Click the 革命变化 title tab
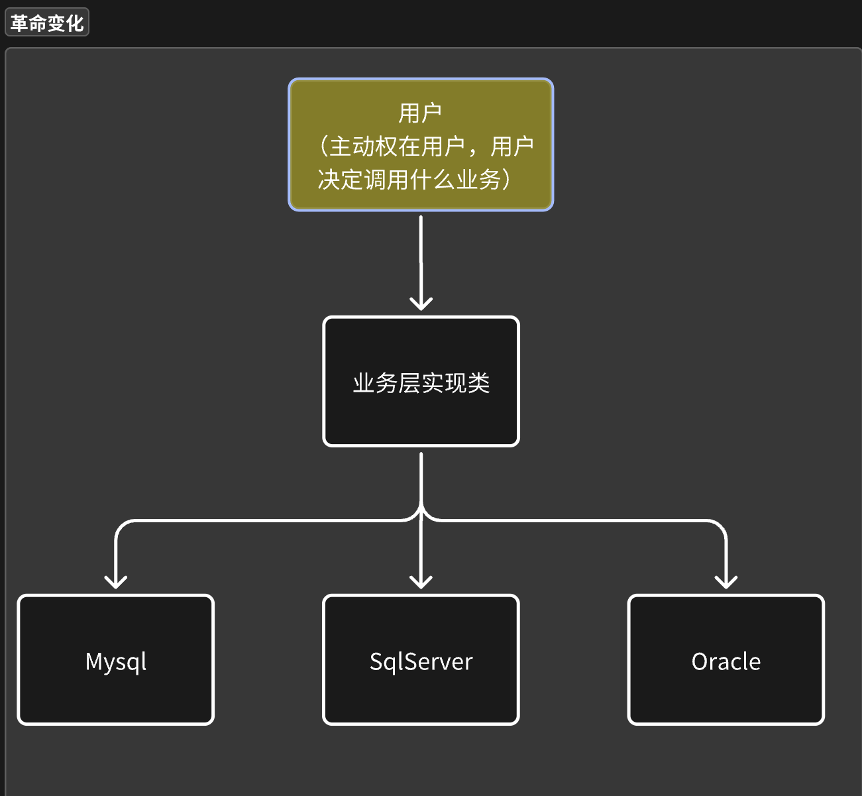point(46,23)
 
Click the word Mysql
point(116,661)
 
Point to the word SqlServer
point(421,661)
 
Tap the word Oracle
point(726,661)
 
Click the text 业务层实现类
point(421,383)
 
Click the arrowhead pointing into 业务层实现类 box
point(421,304)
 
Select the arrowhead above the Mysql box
point(116,583)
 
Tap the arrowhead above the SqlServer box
point(421,583)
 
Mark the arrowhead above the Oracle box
point(726,583)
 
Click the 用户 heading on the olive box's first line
point(420,113)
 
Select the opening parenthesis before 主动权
point(323,146)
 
